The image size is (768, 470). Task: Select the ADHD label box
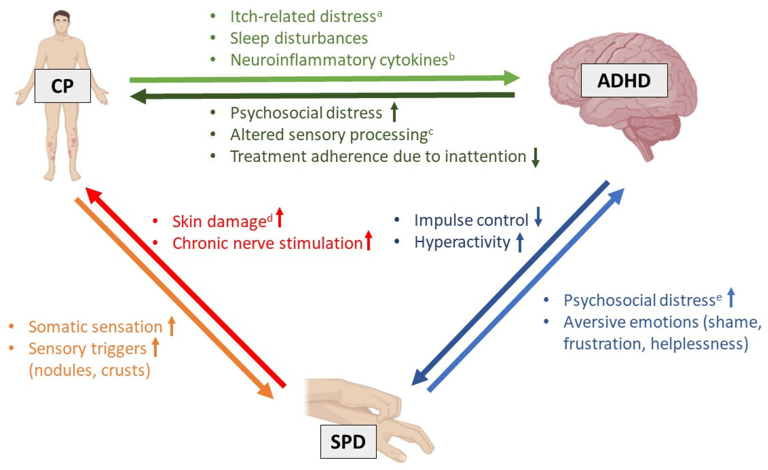(x=624, y=80)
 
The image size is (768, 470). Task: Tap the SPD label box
(x=348, y=442)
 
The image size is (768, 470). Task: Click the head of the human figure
(x=61, y=21)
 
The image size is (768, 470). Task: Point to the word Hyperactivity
(x=462, y=242)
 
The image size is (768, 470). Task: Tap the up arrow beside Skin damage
(x=280, y=217)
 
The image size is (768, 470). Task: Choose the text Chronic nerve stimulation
(x=267, y=243)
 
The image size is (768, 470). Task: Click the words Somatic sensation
(x=95, y=327)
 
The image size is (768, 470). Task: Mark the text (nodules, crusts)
(x=89, y=370)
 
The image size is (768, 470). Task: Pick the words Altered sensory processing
(x=329, y=135)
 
